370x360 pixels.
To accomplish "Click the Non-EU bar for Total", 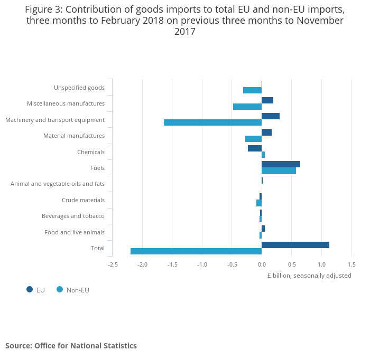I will (196, 251).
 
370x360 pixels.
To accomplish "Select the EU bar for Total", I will (295, 245).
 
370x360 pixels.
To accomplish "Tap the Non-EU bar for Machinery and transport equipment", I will (212, 122).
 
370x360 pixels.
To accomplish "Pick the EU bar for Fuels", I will (281, 164).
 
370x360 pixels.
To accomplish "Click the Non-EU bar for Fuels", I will (279, 171).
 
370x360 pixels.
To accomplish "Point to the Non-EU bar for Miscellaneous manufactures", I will (247, 107).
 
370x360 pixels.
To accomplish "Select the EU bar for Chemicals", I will (255, 148).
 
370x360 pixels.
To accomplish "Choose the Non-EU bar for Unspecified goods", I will (252, 90).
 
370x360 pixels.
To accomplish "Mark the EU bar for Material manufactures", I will (266, 132).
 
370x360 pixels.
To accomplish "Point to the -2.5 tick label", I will (113, 265).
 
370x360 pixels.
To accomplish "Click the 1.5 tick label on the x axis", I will (351, 265).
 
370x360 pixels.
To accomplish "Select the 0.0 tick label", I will (262, 265).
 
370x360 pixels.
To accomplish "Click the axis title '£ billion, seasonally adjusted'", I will (309, 276).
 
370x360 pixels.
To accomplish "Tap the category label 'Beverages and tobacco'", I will (73, 216).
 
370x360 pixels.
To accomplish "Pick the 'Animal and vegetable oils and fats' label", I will (58, 184).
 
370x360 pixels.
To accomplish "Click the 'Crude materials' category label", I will (83, 200).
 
